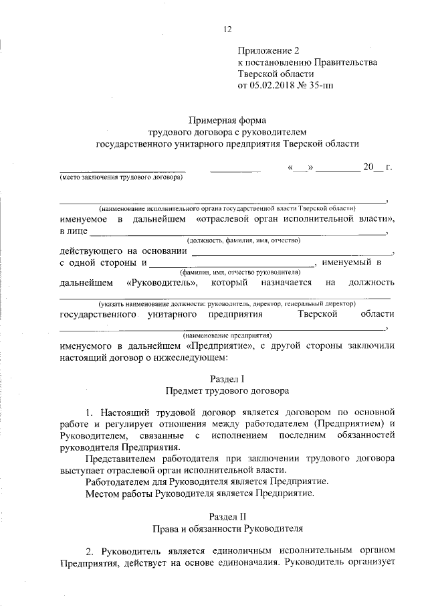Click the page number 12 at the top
click(227, 29)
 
